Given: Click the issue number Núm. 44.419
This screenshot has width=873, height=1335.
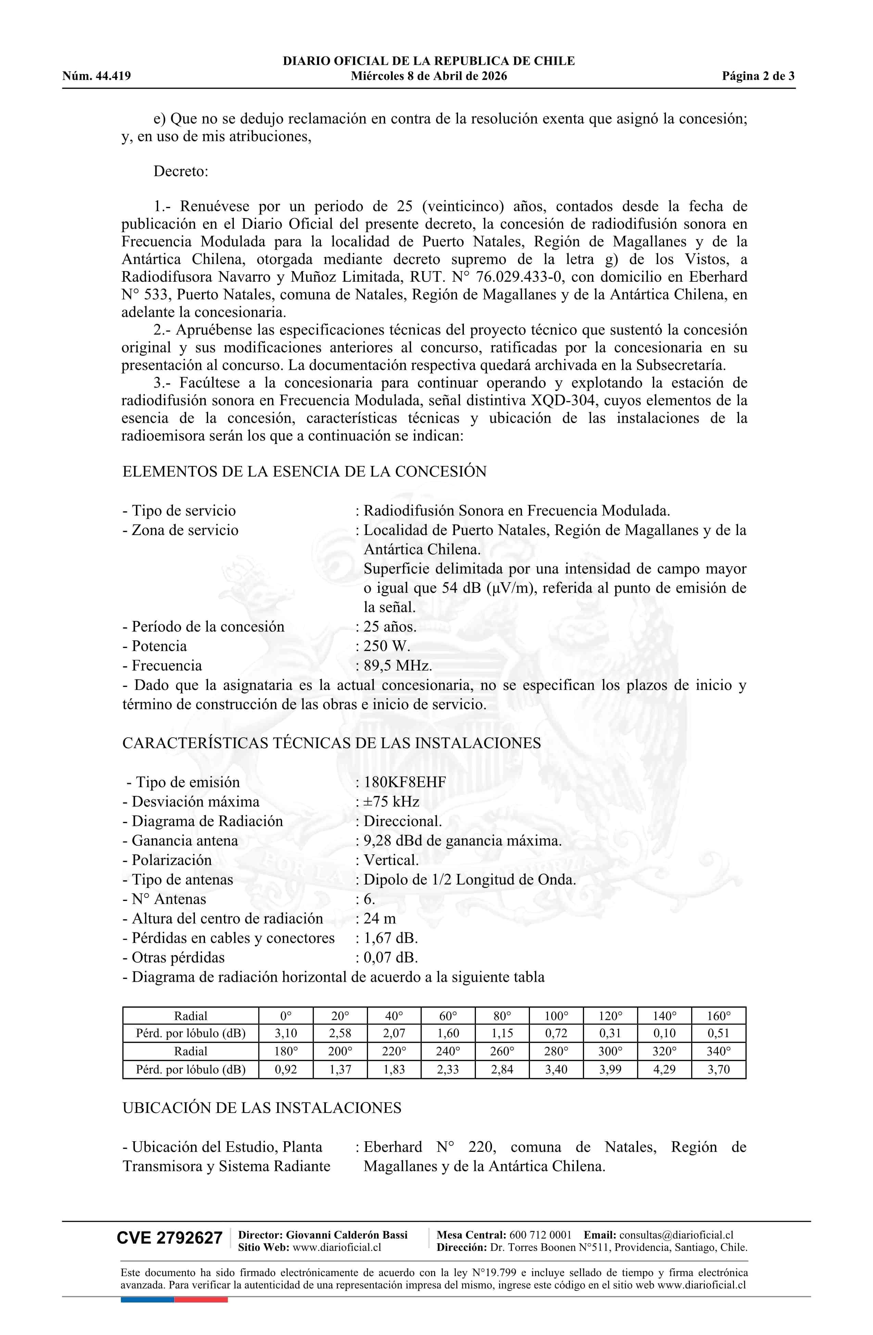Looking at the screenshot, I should [97, 76].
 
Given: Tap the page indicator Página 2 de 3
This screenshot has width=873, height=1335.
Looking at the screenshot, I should [758, 76].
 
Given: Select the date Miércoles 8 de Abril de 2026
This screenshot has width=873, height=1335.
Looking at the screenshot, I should [429, 76].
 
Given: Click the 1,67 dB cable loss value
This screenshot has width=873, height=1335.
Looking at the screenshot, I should [391, 938].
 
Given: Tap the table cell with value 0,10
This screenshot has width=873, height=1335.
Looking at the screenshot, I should [664, 1033].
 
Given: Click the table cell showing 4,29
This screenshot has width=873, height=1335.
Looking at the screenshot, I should [664, 1069].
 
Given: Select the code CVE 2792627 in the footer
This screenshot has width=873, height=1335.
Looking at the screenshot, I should [169, 1237].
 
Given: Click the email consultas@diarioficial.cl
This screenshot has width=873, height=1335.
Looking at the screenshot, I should [676, 1235].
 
